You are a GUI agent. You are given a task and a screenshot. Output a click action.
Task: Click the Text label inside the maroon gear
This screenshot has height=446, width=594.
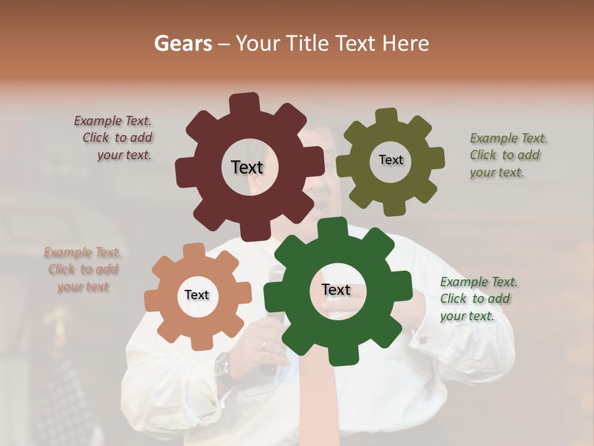247,167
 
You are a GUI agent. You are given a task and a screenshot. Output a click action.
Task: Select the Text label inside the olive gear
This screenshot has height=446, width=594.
390,160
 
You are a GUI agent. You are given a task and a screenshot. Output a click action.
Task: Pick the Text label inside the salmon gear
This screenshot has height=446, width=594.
197,295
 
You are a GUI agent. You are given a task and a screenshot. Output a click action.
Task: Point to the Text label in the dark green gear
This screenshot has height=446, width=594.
336,289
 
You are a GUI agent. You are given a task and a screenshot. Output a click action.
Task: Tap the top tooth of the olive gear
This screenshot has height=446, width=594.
386,116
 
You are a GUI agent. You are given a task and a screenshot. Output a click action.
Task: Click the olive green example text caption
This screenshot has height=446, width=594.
507,155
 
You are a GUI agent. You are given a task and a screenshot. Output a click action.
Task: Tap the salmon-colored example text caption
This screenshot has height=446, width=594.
83,269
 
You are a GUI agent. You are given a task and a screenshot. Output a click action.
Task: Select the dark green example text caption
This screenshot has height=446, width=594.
478,299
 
